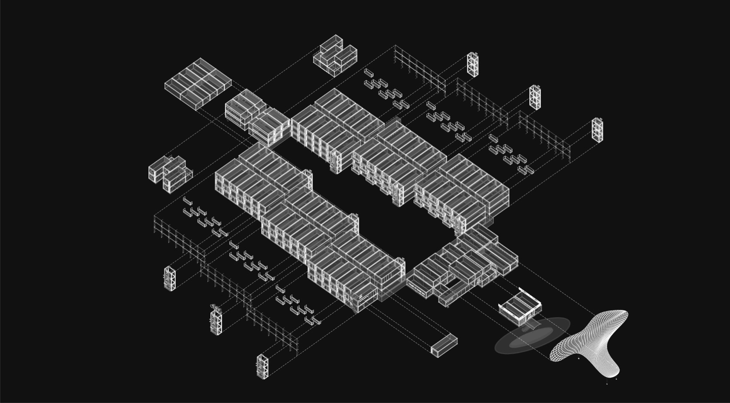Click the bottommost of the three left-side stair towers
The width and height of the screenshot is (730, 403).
point(262,366)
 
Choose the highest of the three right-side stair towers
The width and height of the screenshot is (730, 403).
point(473,64)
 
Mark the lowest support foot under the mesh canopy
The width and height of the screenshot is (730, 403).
point(607,384)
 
